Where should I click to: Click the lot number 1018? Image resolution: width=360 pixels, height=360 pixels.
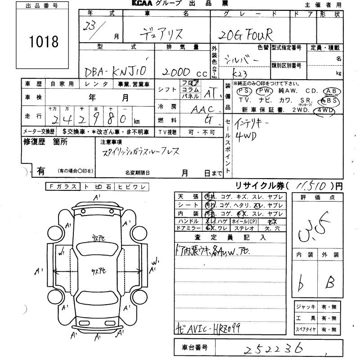(x=44, y=41)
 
